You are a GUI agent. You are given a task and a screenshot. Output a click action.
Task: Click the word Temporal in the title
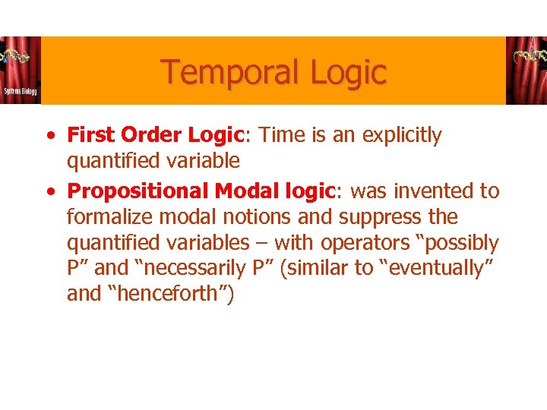pyautogui.click(x=221, y=73)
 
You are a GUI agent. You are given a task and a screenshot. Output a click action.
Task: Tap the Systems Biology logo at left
pyautogui.click(x=20, y=70)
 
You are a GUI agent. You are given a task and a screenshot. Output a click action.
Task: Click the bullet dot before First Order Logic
pyautogui.click(x=49, y=136)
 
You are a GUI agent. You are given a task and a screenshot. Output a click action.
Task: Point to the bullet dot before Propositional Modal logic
pyautogui.click(x=49, y=191)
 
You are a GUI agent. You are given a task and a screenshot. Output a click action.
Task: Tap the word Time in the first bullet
pyautogui.click(x=281, y=135)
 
